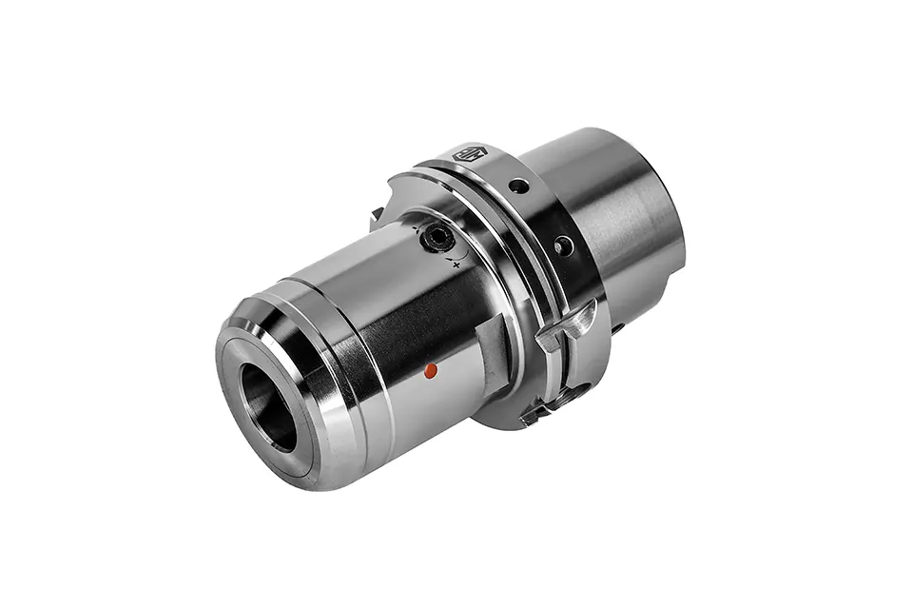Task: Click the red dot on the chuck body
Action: tap(431, 370)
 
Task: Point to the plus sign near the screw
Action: tap(456, 264)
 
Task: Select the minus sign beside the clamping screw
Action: tap(416, 227)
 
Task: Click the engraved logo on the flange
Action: tap(470, 153)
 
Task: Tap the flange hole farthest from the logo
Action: tap(564, 246)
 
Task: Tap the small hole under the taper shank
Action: tap(617, 328)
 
